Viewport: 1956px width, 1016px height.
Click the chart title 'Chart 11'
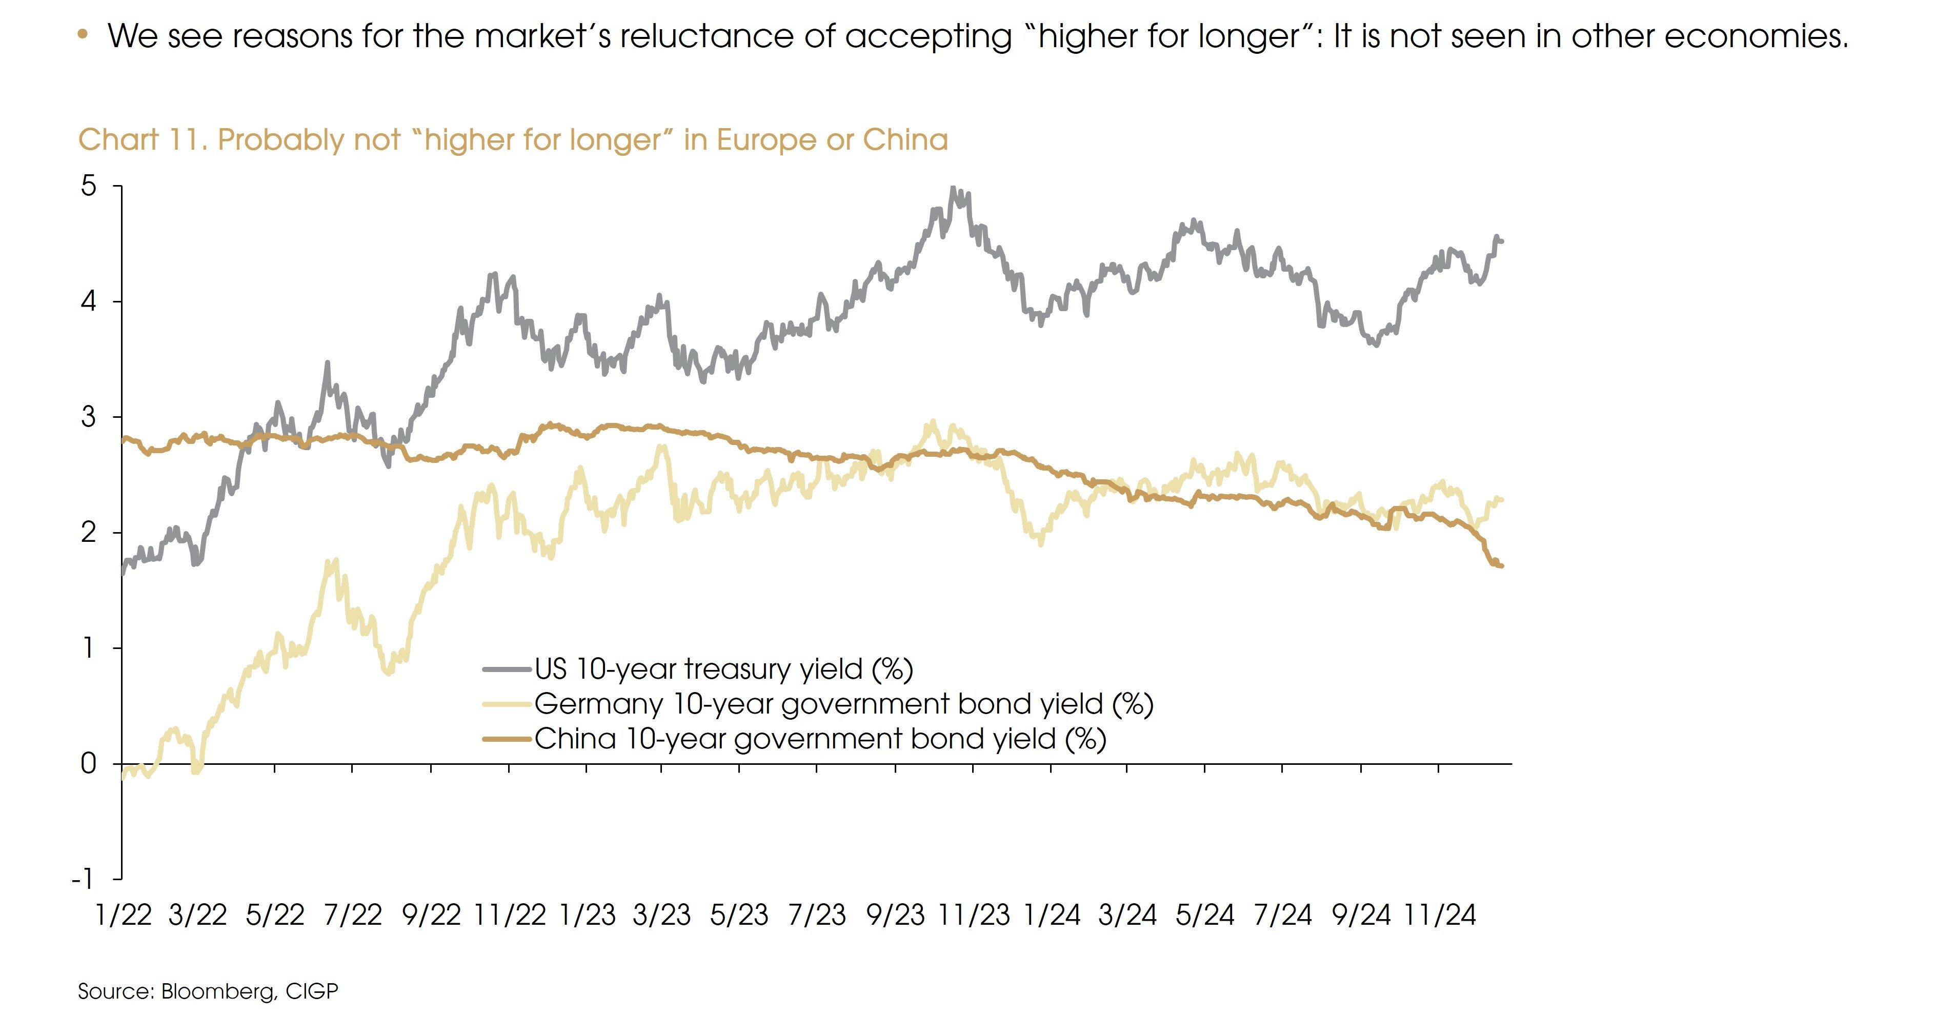[x=141, y=140]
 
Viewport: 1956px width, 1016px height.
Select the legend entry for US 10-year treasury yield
[x=723, y=669]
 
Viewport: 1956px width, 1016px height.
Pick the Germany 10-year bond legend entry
[x=843, y=704]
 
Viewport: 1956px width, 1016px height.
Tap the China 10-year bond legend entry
[x=819, y=739]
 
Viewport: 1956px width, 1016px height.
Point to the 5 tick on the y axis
[x=89, y=186]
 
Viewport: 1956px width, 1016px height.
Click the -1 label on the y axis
[x=82, y=879]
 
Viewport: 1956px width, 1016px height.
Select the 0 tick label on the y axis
[x=89, y=763]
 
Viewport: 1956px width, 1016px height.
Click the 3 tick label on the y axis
[x=89, y=417]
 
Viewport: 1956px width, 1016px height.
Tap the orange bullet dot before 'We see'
[x=83, y=34]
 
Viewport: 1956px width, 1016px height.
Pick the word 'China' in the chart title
[x=905, y=140]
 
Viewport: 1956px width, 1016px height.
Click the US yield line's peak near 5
[x=954, y=188]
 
